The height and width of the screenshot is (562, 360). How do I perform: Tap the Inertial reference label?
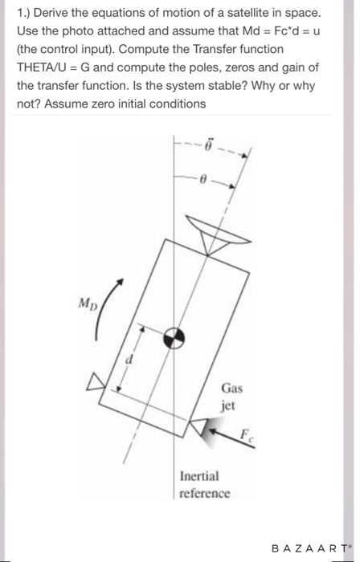tap(205, 483)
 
